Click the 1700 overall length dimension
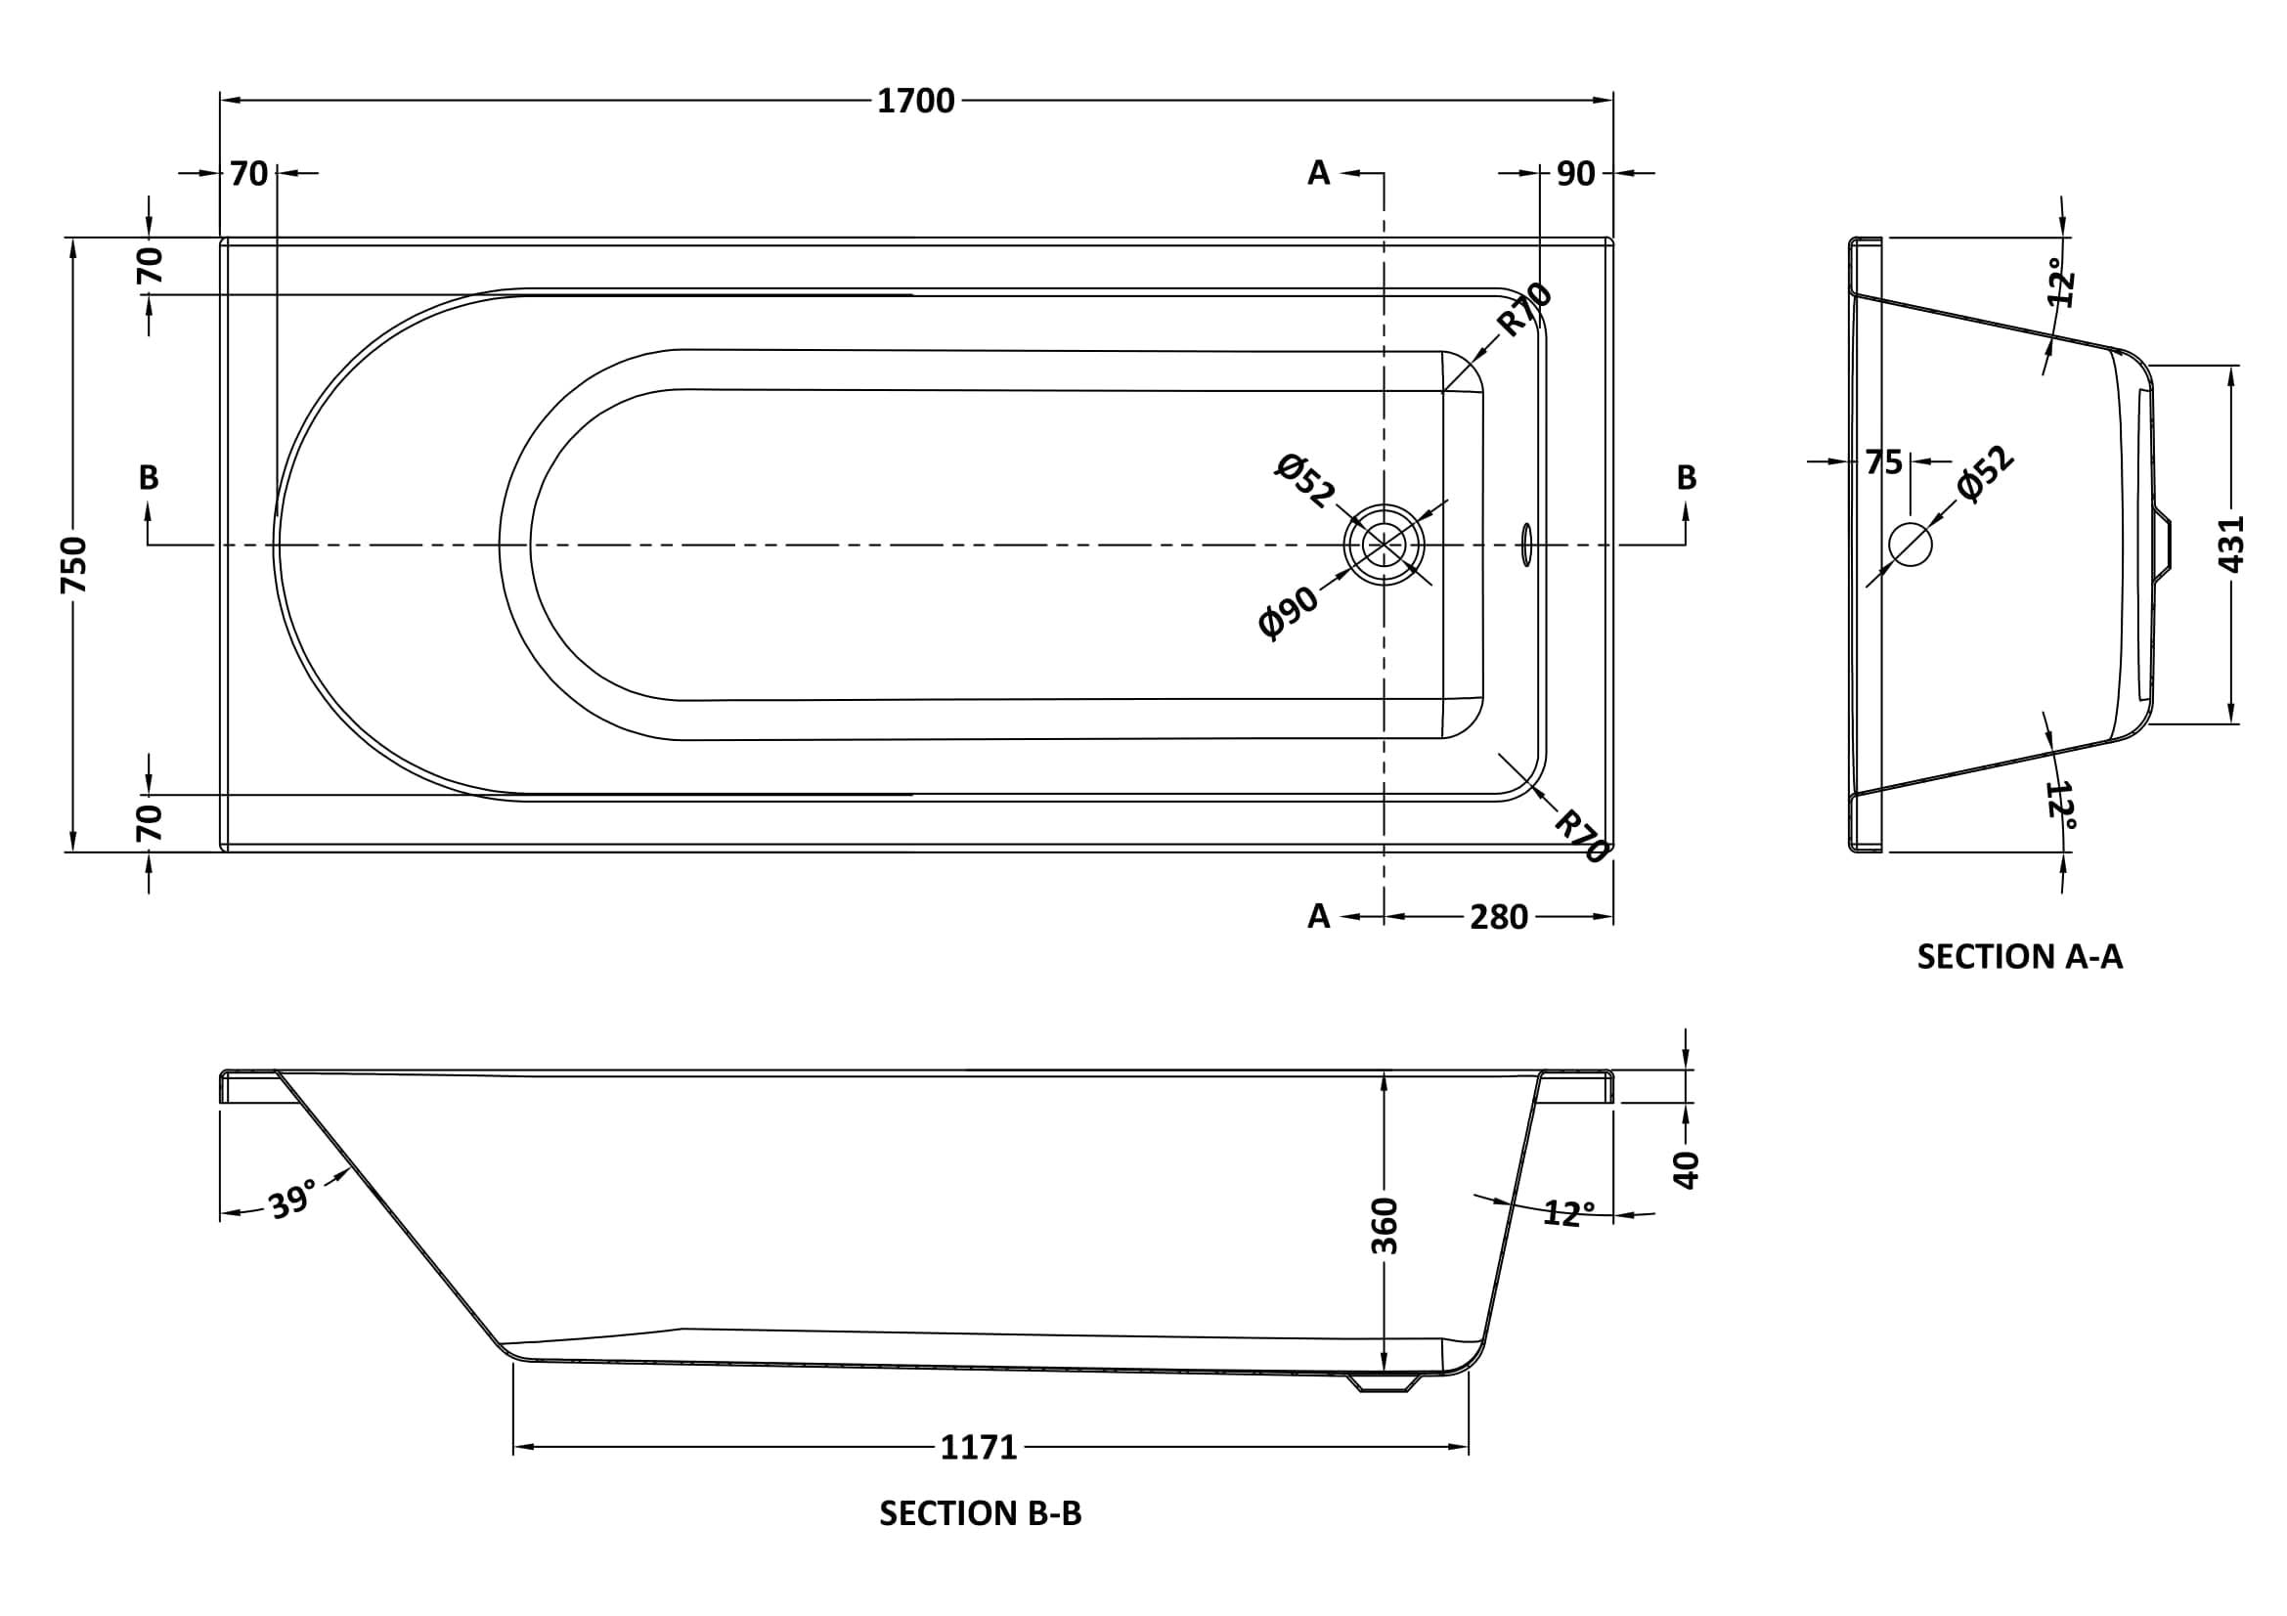click(915, 101)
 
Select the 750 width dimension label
click(74, 564)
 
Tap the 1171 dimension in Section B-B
click(978, 1447)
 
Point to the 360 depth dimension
click(1385, 1226)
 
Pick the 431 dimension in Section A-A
click(2231, 543)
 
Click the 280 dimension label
click(1498, 917)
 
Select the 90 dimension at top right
click(1576, 173)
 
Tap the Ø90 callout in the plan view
click(1288, 611)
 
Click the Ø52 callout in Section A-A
click(1984, 474)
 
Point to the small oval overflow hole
click(1525, 545)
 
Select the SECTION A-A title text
click(2019, 957)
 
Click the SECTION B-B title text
click(979, 1513)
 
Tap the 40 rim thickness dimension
click(1685, 1169)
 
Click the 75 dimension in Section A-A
click(1882, 462)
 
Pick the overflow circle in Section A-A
click(1910, 544)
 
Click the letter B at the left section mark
click(149, 478)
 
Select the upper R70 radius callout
click(1524, 309)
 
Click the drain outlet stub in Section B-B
click(1384, 1382)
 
